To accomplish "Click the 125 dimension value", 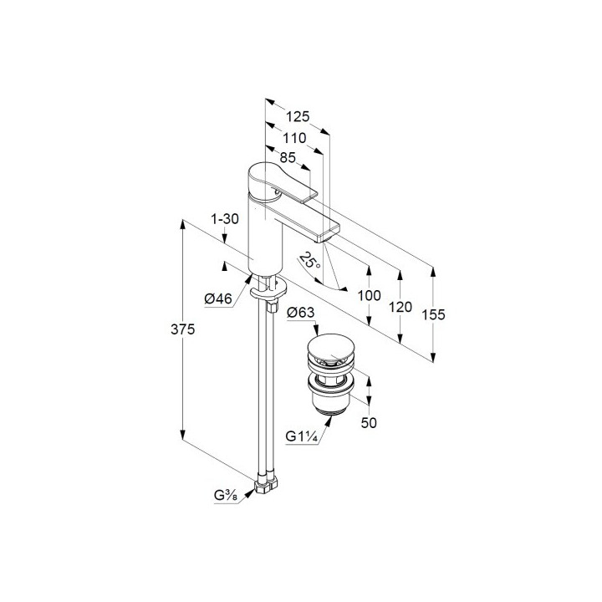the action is [x=298, y=116].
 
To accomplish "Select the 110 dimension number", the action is [x=294, y=138].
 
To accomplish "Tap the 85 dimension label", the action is [x=288, y=157].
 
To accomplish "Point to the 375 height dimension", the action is [x=183, y=329].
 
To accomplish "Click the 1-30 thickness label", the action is [x=225, y=219].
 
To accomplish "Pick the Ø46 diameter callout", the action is [x=218, y=298].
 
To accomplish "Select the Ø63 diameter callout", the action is [x=301, y=313].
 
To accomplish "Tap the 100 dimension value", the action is [x=369, y=296].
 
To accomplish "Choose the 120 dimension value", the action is [x=400, y=307].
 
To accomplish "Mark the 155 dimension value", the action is [x=433, y=315].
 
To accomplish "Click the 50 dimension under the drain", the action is [x=369, y=423].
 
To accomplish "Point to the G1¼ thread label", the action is [x=301, y=436].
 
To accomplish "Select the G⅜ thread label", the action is [x=226, y=497].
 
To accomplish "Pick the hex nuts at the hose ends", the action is [x=266, y=485].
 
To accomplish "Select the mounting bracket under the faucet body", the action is [x=268, y=291].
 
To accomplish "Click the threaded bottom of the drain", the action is [x=330, y=410].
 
